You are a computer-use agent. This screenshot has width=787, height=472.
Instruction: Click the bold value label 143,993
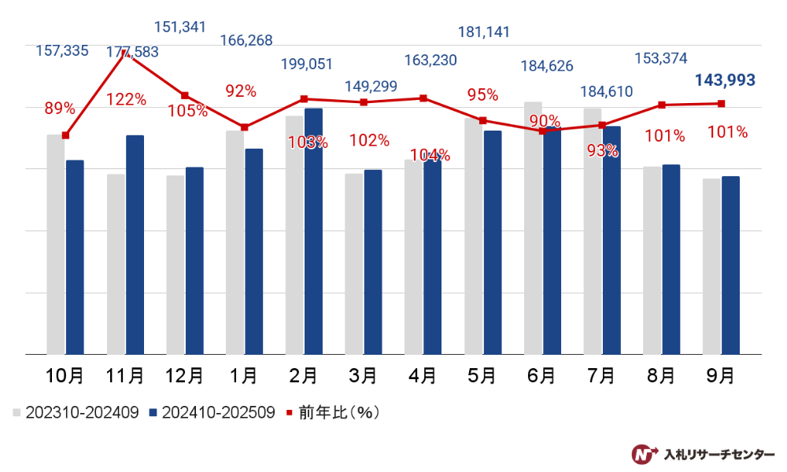[725, 79]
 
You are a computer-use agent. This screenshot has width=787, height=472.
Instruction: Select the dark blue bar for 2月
[313, 231]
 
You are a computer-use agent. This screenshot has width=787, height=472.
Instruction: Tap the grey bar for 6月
[533, 228]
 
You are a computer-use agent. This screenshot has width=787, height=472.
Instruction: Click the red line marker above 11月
[125, 50]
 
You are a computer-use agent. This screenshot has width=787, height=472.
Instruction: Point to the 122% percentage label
[127, 99]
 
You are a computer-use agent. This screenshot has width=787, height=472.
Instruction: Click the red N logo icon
[645, 454]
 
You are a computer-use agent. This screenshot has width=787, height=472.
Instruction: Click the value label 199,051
[307, 64]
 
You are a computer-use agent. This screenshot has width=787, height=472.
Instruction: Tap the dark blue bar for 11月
[135, 245]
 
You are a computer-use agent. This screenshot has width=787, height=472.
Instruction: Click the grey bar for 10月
[56, 245]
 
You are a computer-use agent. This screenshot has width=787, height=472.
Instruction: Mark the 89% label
[60, 108]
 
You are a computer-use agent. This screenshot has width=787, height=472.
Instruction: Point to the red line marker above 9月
[722, 104]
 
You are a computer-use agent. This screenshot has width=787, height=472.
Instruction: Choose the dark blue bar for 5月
[492, 242]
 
